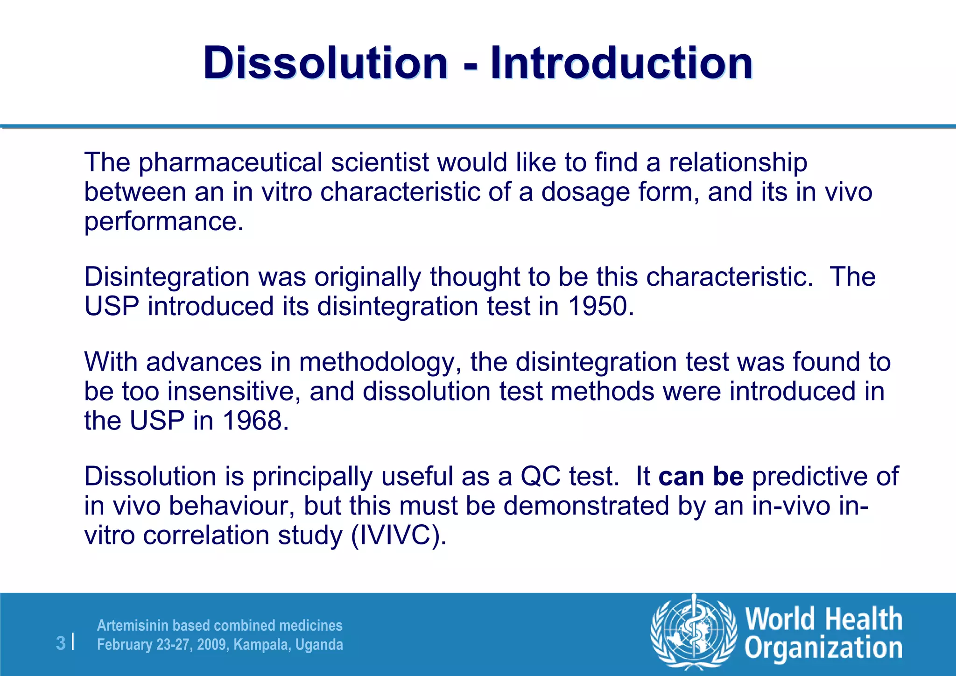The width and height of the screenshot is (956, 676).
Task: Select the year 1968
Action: click(252, 420)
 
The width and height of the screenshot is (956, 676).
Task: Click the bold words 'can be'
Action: click(701, 476)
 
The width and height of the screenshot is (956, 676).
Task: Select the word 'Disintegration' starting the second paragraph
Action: click(167, 276)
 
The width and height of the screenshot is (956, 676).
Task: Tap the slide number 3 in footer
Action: click(61, 643)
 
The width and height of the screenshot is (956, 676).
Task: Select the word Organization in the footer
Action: click(823, 648)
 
